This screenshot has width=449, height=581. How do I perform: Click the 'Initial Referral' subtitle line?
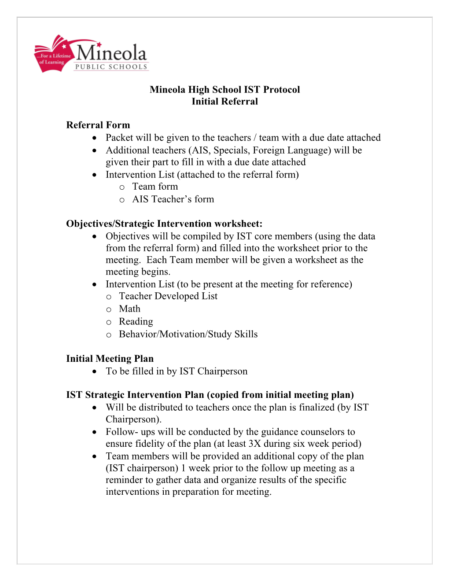[224, 101]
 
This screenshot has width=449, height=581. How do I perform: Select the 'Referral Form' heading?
[98, 125]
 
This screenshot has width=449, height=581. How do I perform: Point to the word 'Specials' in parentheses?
[231, 151]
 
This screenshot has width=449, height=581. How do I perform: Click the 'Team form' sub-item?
[155, 187]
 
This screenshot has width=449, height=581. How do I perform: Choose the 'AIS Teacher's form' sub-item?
[173, 199]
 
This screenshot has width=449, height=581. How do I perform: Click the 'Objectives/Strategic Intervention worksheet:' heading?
[164, 224]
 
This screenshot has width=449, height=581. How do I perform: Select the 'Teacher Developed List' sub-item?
[168, 296]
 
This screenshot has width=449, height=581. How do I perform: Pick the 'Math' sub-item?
[129, 309]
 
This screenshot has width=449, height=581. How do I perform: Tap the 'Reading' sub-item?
[136, 322]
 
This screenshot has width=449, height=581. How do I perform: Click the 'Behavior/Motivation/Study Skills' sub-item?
[188, 335]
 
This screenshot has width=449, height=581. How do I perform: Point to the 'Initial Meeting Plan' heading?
[110, 359]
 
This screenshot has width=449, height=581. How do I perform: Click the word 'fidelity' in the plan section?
[151, 444]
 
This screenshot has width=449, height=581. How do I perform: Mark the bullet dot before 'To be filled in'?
[95, 372]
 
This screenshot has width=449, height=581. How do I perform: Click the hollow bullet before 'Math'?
[109, 310]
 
